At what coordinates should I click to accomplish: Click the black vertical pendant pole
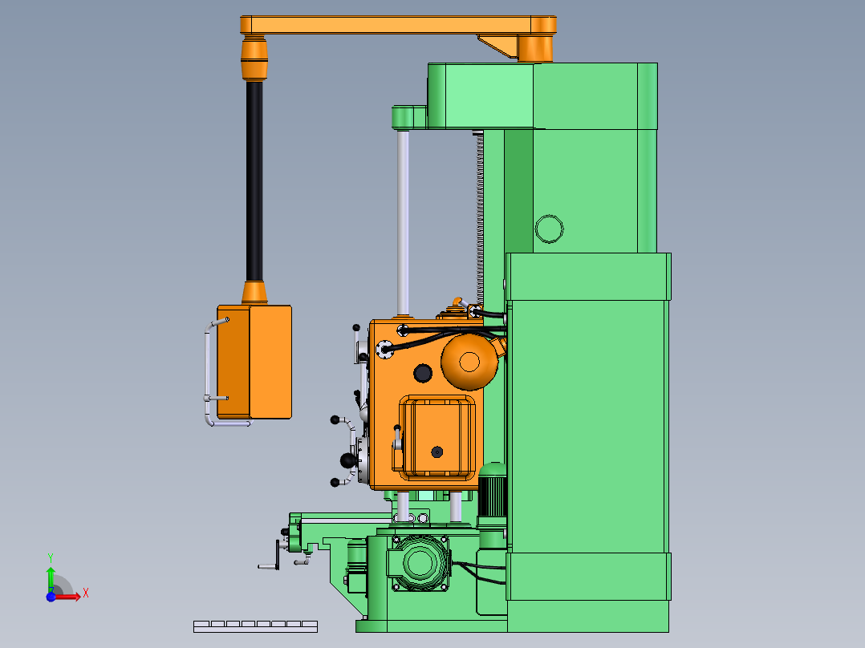254,181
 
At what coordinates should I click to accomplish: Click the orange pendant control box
254,362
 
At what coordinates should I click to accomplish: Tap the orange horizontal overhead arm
398,25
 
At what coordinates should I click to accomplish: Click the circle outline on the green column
550,229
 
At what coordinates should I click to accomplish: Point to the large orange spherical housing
469,362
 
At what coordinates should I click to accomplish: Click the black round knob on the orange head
423,374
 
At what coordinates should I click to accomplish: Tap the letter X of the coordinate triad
86,593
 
